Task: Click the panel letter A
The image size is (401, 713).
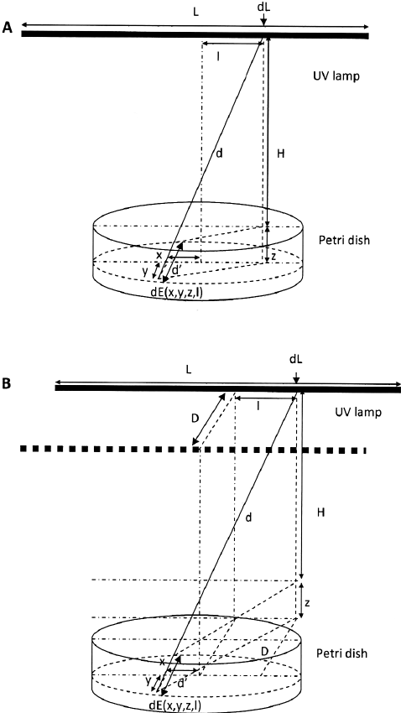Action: (8, 29)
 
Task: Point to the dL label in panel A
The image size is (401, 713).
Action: (264, 9)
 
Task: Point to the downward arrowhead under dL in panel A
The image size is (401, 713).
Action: (264, 24)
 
